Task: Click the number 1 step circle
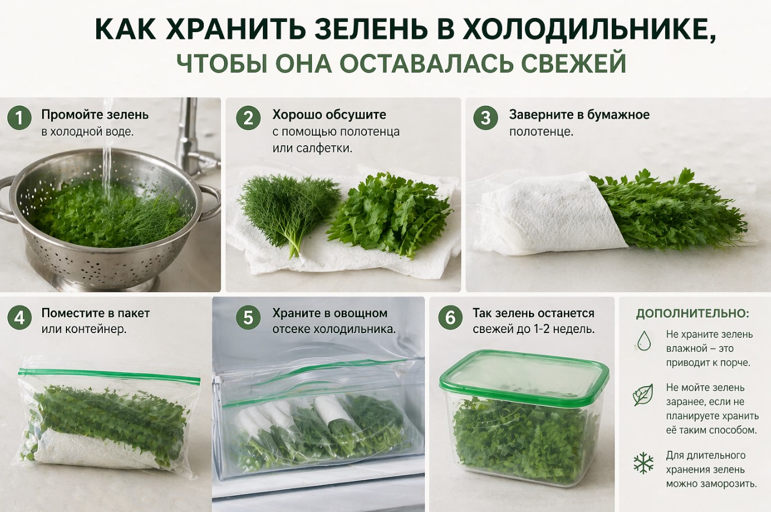(19, 118)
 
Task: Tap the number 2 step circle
(249, 118)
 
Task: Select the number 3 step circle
(485, 118)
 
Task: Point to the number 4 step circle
(19, 317)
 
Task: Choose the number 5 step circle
(249, 317)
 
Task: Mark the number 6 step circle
(450, 317)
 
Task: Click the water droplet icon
(644, 340)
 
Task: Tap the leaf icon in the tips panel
(643, 394)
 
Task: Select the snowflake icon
(643, 463)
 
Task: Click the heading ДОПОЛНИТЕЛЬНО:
(692, 314)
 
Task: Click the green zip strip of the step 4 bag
(109, 376)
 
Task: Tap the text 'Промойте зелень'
(95, 115)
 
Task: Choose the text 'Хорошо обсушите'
(329, 115)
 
